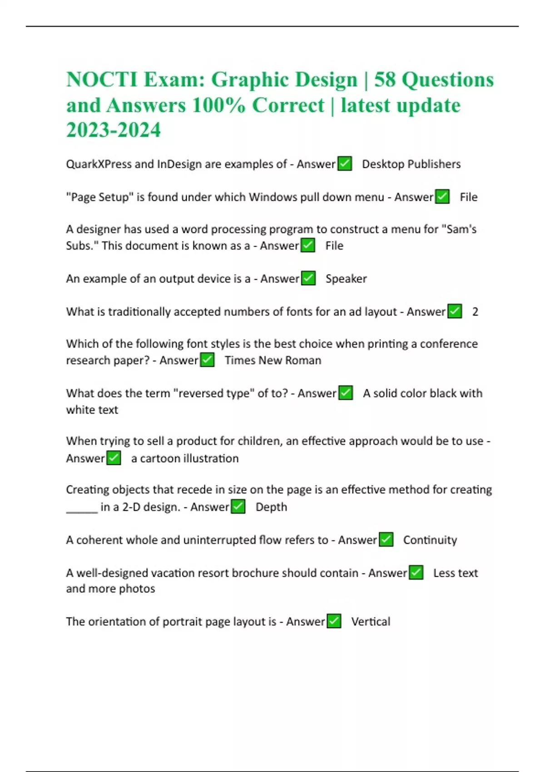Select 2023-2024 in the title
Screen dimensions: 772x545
pos(114,130)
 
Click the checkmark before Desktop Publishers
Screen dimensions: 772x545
pos(345,163)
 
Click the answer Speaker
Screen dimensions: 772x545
pos(346,278)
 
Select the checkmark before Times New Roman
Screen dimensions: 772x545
pos(207,360)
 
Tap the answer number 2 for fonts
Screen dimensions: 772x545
pos(475,312)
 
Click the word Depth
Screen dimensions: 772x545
pos(271,507)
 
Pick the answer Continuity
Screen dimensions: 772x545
pos(430,540)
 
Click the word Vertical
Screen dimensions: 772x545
pos(371,621)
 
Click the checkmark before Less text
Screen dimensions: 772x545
pos(416,573)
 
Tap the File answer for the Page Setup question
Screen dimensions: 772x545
pos(469,197)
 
